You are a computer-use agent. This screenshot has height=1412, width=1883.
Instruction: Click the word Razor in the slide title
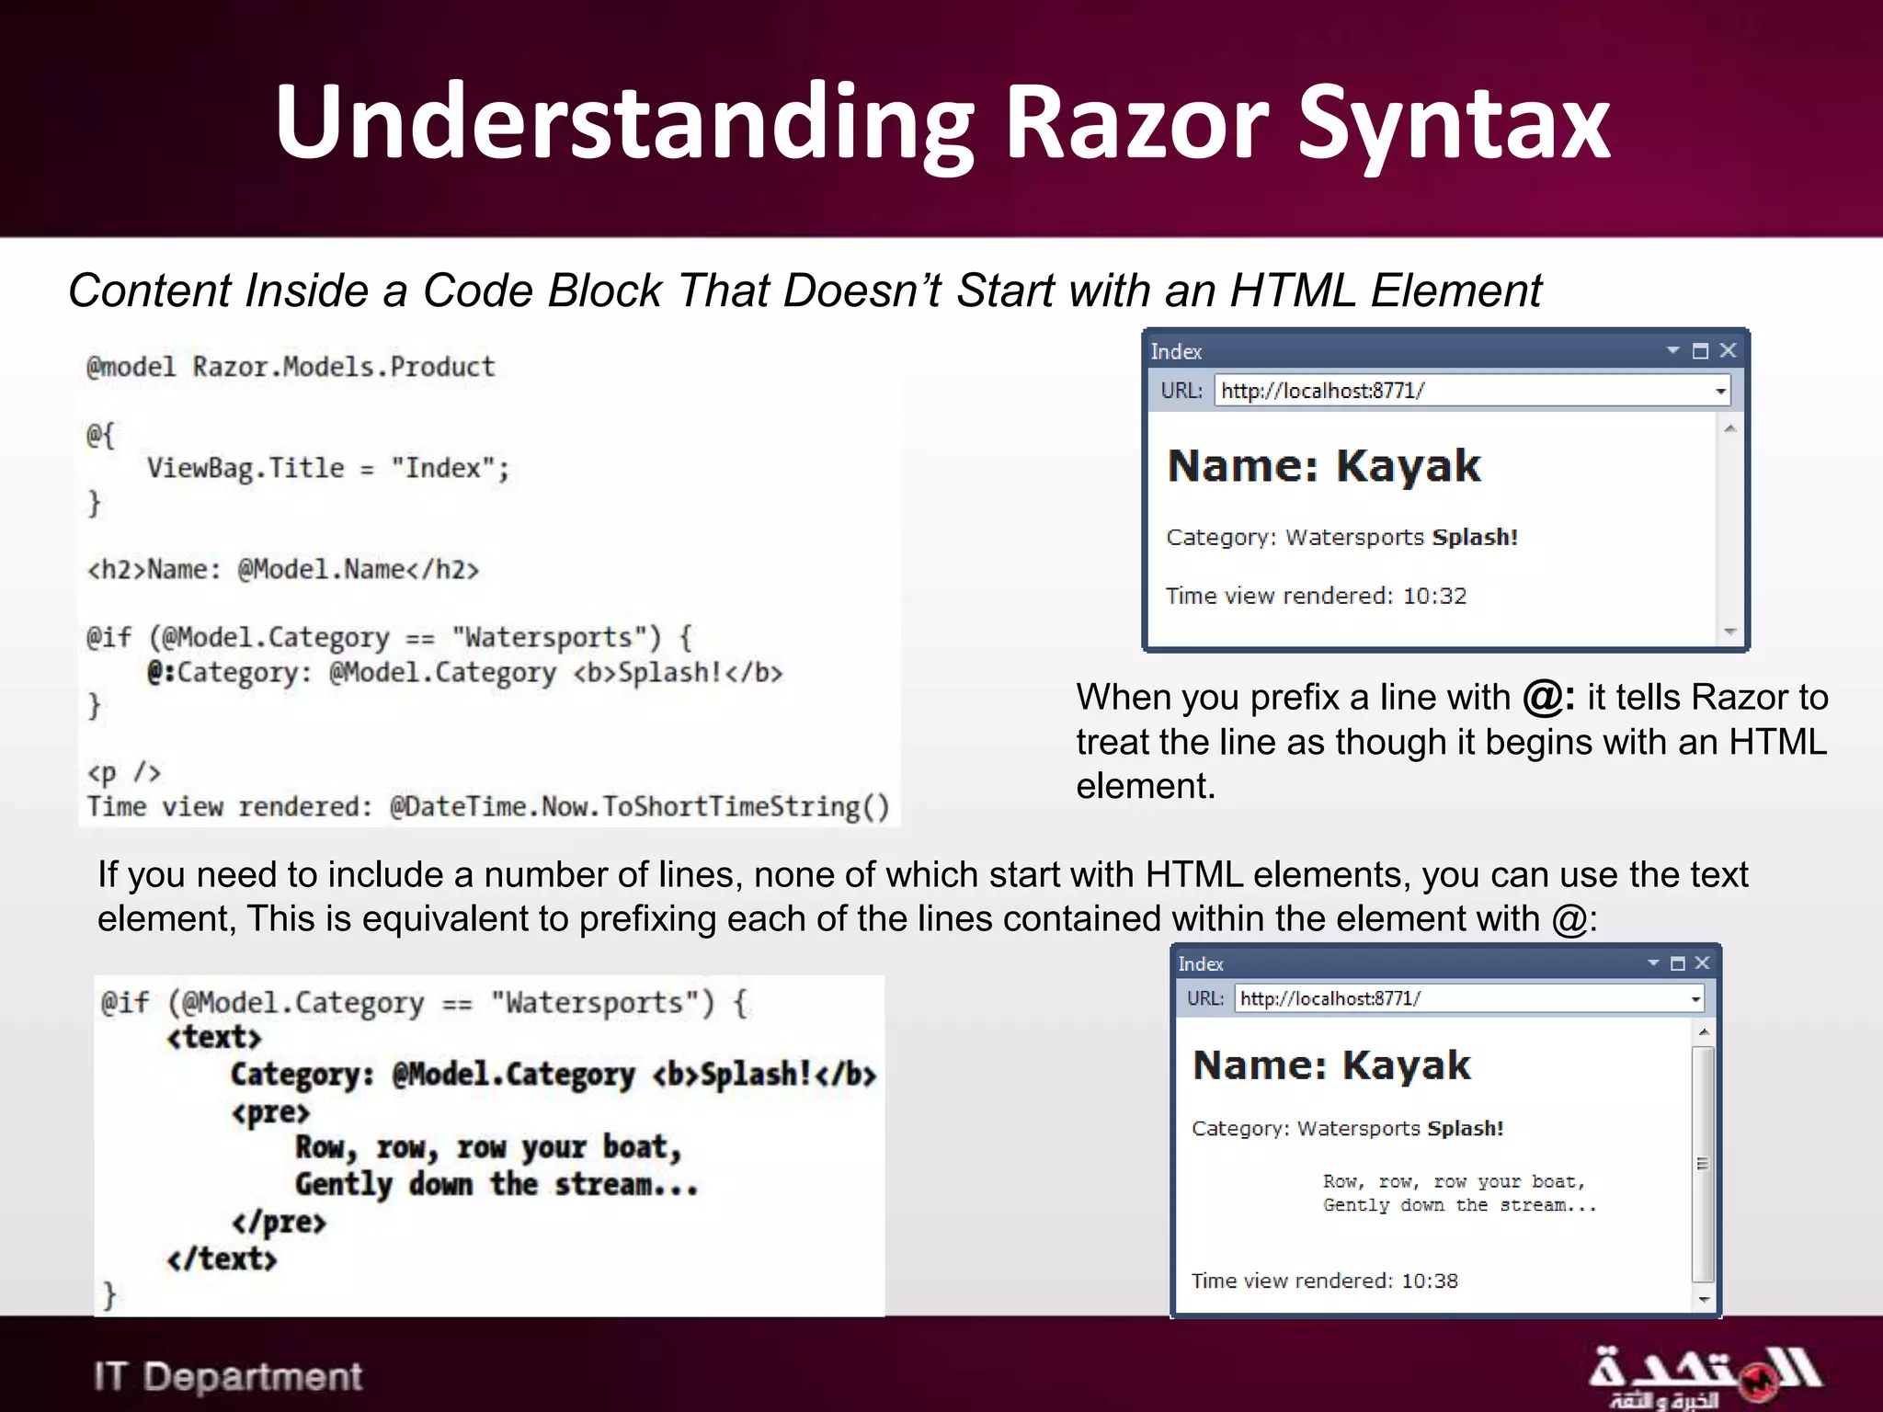coord(1136,124)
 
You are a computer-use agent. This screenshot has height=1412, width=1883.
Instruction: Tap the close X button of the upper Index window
coord(1728,350)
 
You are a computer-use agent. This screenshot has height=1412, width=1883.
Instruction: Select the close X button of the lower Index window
coord(1702,962)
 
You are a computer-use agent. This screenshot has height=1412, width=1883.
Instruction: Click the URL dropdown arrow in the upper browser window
coord(1719,392)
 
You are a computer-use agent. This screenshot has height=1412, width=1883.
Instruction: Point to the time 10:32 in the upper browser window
coord(1434,596)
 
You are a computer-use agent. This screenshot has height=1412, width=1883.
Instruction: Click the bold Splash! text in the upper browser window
coord(1475,537)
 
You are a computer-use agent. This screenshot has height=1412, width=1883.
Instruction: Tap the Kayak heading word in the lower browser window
coord(1406,1065)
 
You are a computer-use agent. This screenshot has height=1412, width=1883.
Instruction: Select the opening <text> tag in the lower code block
coord(214,1038)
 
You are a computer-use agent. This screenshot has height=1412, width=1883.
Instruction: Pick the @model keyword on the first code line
coord(131,367)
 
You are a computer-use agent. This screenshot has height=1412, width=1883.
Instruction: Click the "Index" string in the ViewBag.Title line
coord(443,468)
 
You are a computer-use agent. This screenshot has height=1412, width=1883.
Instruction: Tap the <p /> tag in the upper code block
coord(123,772)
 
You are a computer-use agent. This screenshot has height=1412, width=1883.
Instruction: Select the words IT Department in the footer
coord(228,1376)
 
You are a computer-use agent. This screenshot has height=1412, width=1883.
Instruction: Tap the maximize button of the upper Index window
coord(1700,350)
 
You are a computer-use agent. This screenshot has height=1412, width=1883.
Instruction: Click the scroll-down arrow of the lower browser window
coord(1704,1299)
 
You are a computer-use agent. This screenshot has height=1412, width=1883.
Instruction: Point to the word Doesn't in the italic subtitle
coord(862,290)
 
